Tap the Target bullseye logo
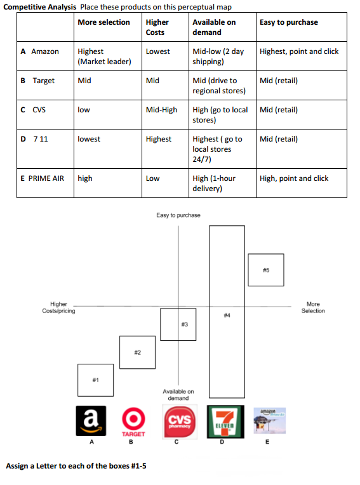131,420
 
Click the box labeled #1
95,382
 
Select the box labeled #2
137,352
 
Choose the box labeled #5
266,270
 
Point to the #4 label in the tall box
227,315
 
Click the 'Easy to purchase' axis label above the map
178,215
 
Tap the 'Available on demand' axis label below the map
178,395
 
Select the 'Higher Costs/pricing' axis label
58,308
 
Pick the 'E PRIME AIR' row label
43,178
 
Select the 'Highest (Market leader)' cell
104,56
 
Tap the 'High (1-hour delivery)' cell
214,183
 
